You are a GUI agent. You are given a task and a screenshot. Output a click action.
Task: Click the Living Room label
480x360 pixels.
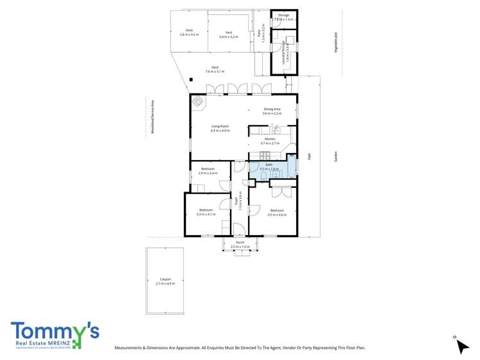click(220, 126)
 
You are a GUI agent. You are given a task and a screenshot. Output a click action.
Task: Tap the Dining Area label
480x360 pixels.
click(272, 110)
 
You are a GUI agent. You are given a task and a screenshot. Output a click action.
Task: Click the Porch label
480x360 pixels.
click(240, 243)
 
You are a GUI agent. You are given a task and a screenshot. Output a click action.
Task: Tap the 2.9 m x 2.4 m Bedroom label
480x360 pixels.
click(206, 169)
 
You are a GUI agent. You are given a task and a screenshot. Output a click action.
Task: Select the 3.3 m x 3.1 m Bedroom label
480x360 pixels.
click(206, 210)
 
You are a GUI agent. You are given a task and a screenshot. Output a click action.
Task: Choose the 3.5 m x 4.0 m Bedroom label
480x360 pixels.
click(277, 210)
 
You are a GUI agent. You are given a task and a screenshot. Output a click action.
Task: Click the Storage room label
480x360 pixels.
click(283, 15)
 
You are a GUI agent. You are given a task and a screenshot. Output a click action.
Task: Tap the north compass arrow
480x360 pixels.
click(461, 345)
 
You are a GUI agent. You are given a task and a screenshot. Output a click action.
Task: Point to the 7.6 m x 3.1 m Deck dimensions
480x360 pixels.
click(215, 72)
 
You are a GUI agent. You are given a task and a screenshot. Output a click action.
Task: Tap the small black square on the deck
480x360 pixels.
click(190, 79)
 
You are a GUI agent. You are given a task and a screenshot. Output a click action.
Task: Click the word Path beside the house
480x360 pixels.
click(310, 156)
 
